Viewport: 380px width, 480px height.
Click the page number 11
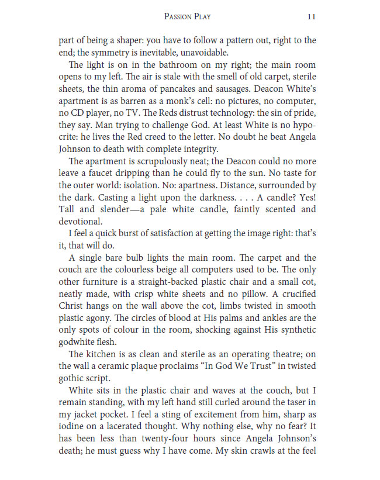point(311,17)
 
